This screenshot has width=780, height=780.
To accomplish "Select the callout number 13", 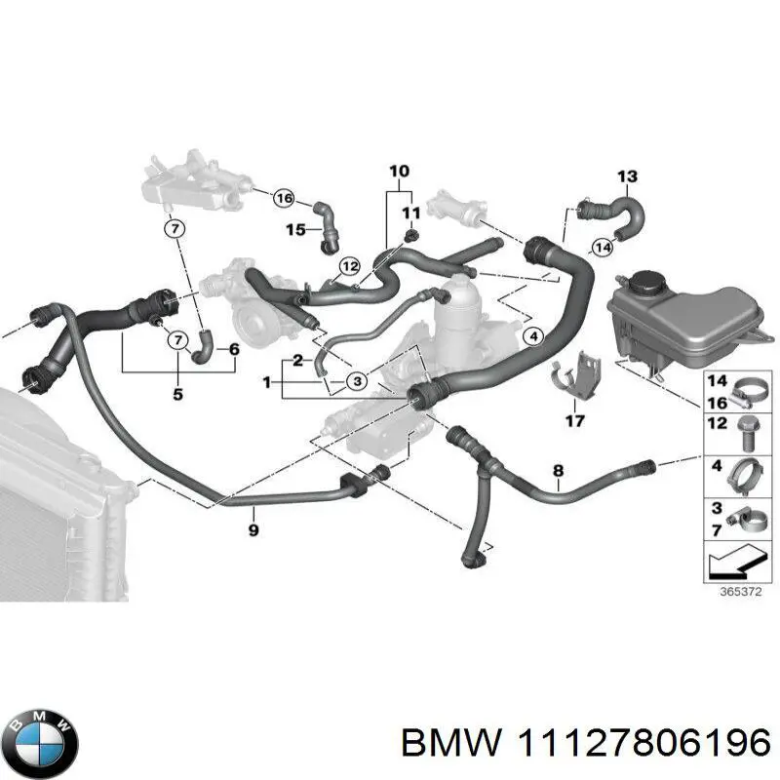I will [x=627, y=176].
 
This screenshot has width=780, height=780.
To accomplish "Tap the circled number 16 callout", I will [x=283, y=198].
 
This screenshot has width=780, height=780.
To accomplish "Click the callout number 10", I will [x=399, y=172].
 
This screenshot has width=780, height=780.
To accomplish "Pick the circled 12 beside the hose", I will [x=349, y=265].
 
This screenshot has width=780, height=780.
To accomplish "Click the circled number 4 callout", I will [x=531, y=337].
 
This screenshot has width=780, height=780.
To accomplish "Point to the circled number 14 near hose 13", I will [x=604, y=247].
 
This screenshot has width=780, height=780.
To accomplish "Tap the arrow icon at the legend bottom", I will [x=733, y=564].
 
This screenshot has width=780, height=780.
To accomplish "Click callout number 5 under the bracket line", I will [x=177, y=395].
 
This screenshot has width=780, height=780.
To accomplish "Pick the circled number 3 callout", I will [x=359, y=380].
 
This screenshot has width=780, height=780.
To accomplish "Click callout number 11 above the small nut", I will [x=410, y=214].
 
